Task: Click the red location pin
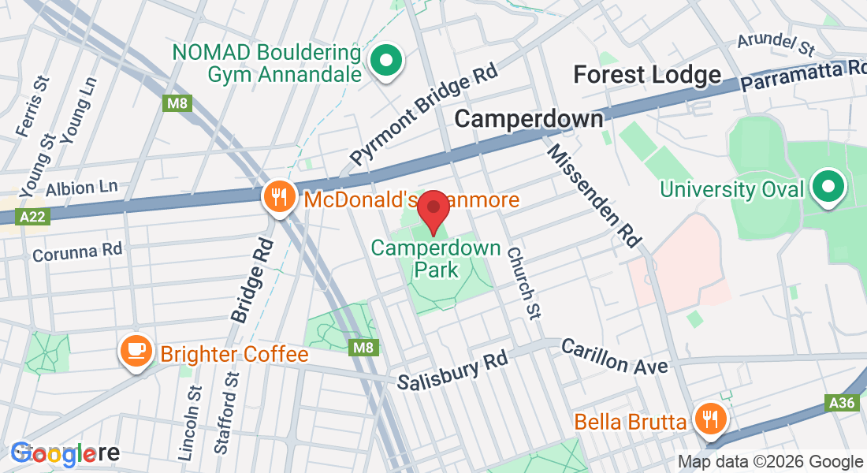[x=433, y=210]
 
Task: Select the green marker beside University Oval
[x=827, y=188]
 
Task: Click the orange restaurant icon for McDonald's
[x=279, y=196]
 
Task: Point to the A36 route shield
[x=842, y=404]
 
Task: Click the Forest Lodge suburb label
[x=647, y=75]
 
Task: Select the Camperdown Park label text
[x=437, y=259]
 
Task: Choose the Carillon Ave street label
[x=614, y=356]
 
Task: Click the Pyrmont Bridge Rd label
[x=426, y=114]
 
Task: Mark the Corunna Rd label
[x=77, y=251]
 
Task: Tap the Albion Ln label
[x=81, y=188]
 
